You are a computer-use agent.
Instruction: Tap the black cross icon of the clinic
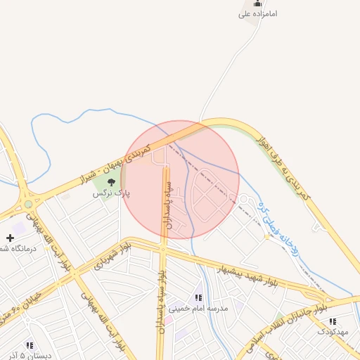(x=10, y=238)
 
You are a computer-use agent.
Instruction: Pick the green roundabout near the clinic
(x=28, y=204)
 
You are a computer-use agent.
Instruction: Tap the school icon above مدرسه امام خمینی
(x=198, y=298)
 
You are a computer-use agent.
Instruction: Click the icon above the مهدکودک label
(x=333, y=321)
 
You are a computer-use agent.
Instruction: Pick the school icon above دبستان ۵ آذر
(x=30, y=345)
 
